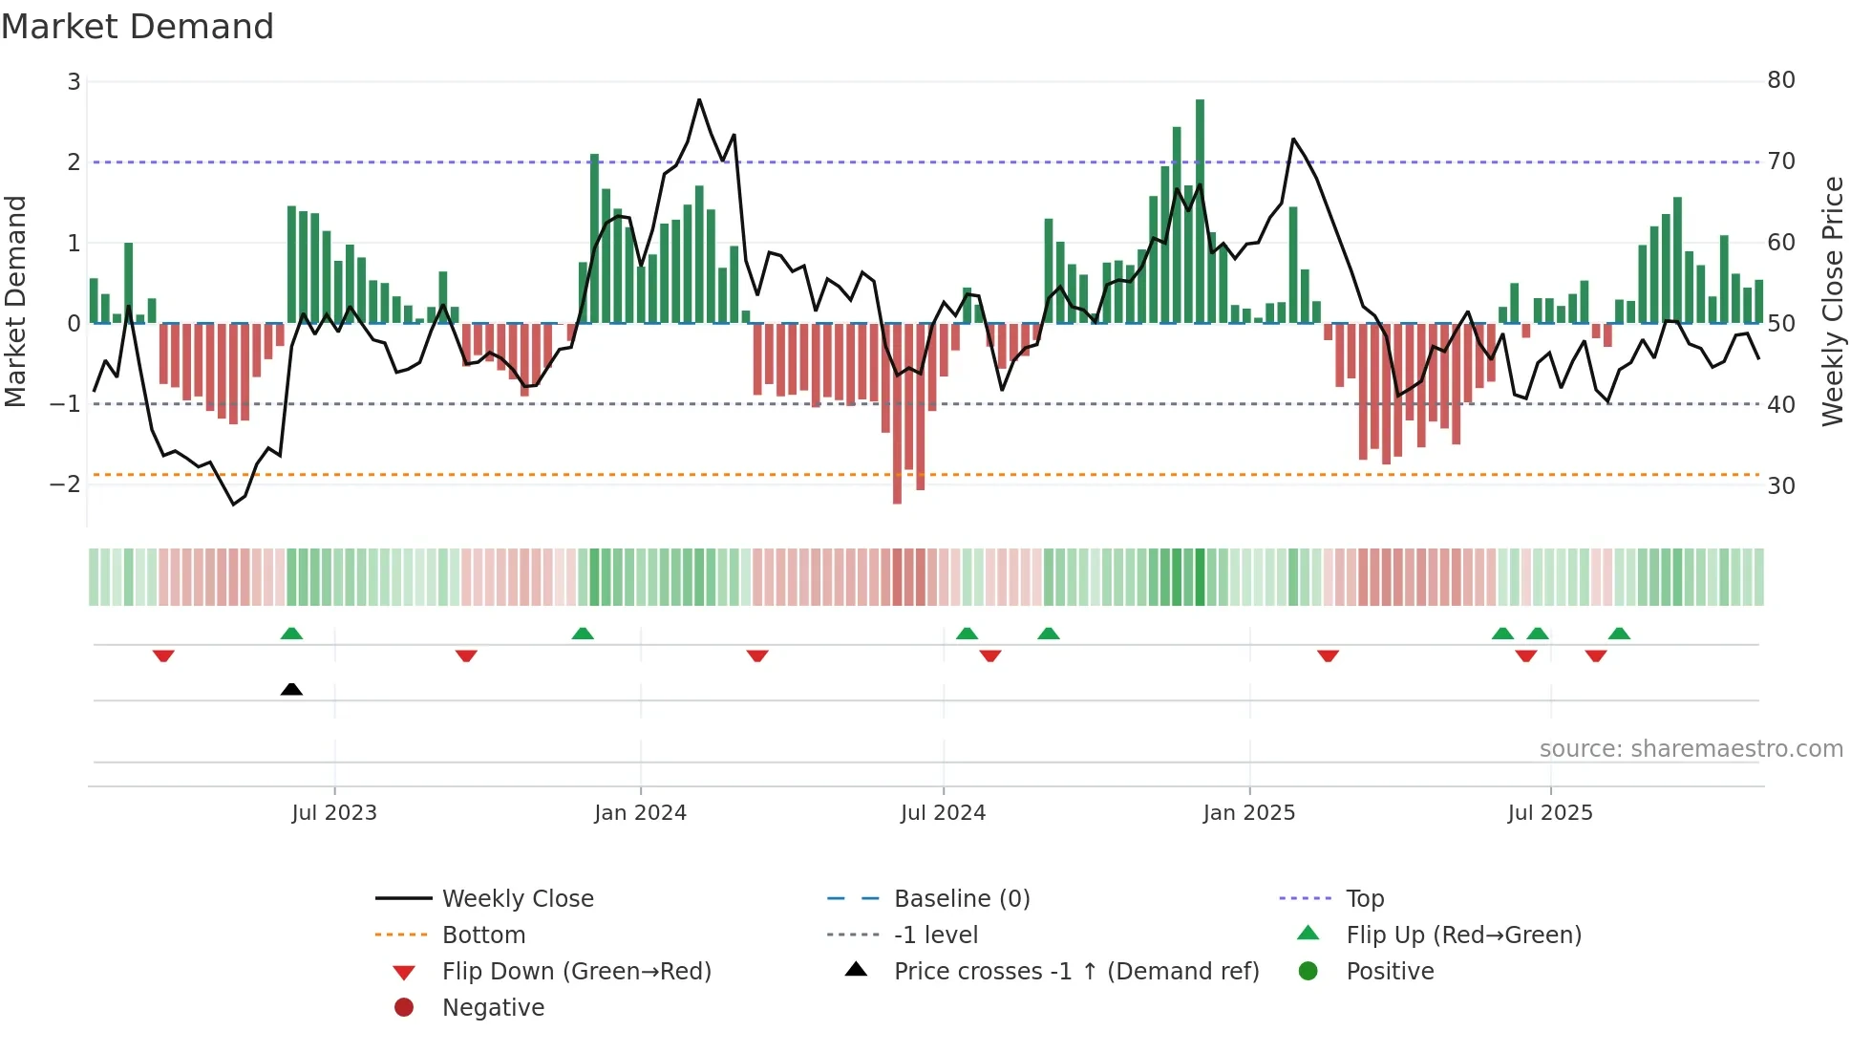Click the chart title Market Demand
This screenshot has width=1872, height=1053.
[138, 27]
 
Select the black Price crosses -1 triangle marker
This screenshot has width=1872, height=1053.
[291, 689]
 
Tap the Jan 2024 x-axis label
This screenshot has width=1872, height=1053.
[640, 813]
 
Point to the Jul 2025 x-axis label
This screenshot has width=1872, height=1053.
[1549, 813]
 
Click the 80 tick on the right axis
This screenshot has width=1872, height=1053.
[1780, 80]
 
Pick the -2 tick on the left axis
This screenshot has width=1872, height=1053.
[65, 484]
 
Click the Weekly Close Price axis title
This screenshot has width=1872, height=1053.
[1832, 301]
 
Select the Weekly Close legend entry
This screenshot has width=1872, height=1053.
[517, 899]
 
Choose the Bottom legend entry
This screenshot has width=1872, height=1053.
[483, 935]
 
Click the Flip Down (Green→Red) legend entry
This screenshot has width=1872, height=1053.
[576, 972]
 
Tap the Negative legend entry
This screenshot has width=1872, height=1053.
[493, 1008]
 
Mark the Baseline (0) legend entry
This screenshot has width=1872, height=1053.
[961, 899]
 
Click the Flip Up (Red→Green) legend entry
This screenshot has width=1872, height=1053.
[1463, 935]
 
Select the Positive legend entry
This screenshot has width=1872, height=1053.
[1390, 972]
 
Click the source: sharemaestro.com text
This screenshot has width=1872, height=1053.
[1691, 749]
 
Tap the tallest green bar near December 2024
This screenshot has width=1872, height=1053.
[1200, 210]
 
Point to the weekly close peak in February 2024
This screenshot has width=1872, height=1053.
[699, 99]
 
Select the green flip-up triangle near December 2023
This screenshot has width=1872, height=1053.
[583, 634]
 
